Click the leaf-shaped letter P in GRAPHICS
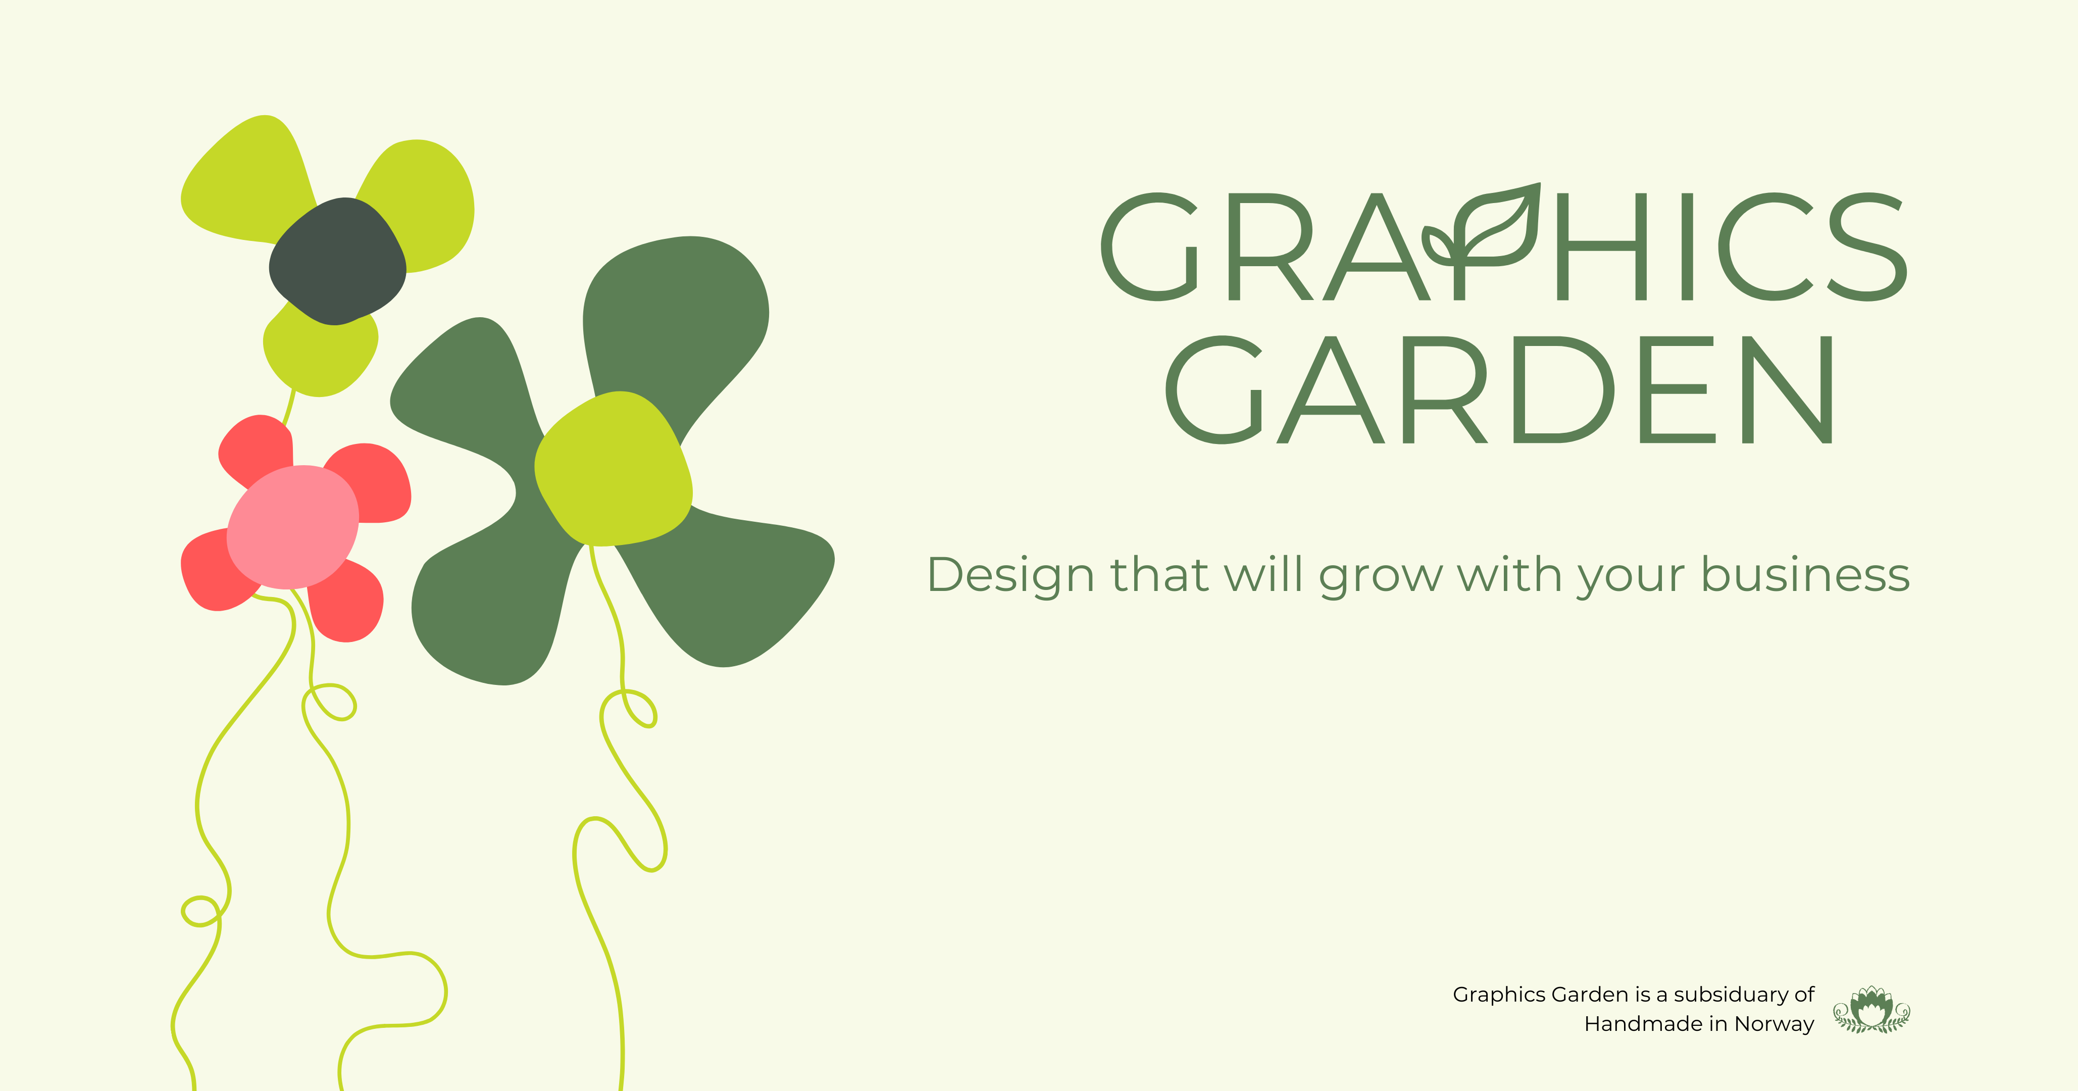pyautogui.click(x=1484, y=242)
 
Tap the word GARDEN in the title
pyautogui.click(x=1500, y=390)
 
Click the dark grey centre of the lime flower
pyautogui.click(x=337, y=262)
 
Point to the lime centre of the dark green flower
pyautogui.click(x=613, y=469)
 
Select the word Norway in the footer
pyautogui.click(x=1774, y=1024)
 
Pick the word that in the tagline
pyautogui.click(x=1160, y=575)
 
